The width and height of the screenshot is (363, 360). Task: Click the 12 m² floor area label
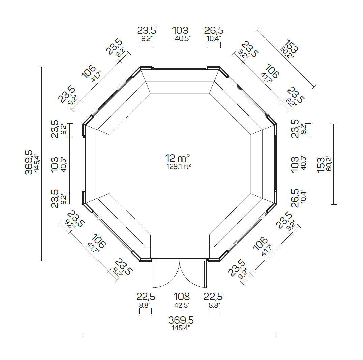177,158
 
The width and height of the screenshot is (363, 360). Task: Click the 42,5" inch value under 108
182,305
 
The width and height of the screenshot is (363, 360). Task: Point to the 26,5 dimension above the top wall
214,31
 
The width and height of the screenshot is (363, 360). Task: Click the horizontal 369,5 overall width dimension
181,320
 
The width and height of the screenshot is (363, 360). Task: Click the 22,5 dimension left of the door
146,297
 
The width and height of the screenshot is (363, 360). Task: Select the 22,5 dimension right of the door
213,297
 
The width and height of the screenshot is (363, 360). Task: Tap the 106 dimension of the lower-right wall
260,244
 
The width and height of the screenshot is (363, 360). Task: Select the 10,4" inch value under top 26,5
213,38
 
